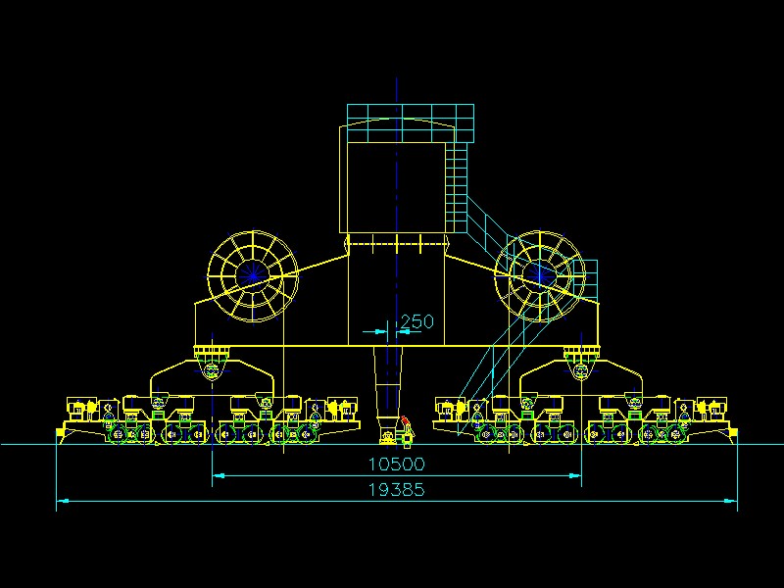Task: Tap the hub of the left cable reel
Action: [x=253, y=276]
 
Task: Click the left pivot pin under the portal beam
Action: [x=212, y=367]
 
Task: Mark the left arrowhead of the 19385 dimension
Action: [x=61, y=502]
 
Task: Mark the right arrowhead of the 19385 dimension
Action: [x=732, y=502]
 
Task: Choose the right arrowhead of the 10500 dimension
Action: [x=576, y=475]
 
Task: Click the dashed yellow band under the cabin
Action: [x=396, y=241]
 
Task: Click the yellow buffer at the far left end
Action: [x=61, y=430]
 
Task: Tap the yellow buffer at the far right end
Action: [x=731, y=430]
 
